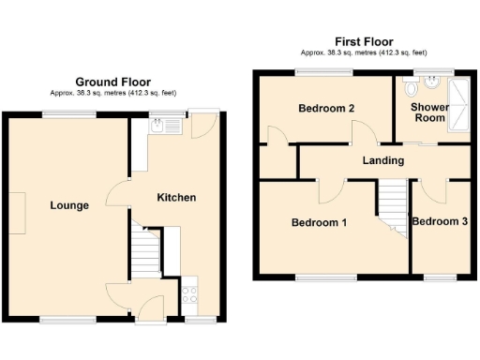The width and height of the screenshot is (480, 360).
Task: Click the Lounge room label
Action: click(69, 205)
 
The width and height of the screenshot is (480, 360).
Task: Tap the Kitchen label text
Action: click(176, 198)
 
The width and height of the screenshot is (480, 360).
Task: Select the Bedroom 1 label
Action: click(319, 223)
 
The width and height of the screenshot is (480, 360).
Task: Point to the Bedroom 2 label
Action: click(326, 109)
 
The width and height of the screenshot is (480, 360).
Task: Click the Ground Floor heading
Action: click(112, 82)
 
